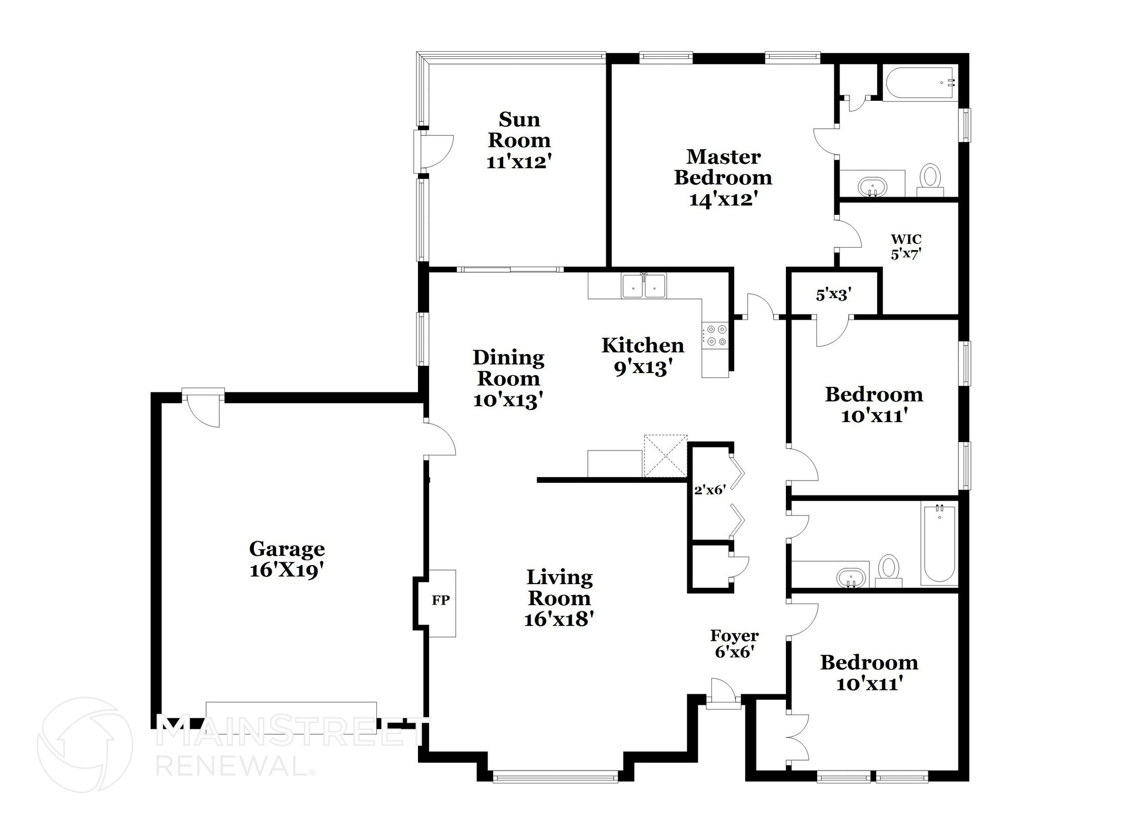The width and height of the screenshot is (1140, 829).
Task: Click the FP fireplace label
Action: tap(441, 601)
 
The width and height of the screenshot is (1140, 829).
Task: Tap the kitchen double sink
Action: tap(644, 287)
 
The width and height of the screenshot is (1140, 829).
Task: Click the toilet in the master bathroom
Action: tap(930, 178)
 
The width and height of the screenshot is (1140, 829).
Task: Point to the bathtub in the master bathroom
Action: tap(920, 84)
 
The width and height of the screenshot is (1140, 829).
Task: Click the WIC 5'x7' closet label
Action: tap(906, 247)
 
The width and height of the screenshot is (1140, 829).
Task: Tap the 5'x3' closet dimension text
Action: tap(833, 294)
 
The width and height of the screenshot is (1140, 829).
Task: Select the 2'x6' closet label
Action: tap(710, 490)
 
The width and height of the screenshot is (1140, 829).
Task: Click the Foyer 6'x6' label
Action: tap(734, 643)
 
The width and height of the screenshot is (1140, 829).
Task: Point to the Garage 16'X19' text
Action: tap(287, 559)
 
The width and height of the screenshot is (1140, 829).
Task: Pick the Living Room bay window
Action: tap(555, 776)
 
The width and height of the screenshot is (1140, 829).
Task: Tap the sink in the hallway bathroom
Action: tap(852, 578)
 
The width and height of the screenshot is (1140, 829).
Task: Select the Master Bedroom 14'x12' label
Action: tap(723, 178)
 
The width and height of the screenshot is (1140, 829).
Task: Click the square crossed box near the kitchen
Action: tap(665, 455)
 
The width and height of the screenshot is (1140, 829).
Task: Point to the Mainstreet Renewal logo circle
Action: tap(85, 744)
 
